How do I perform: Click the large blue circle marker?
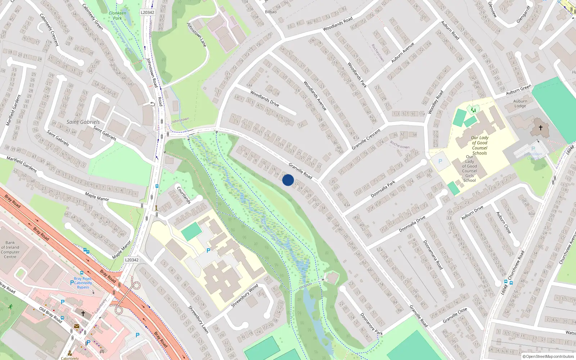tap(288, 180)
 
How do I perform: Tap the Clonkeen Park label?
tap(117, 15)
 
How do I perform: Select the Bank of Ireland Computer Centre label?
tap(10, 249)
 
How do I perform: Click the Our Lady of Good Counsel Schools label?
tap(480, 145)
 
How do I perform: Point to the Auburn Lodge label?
tap(520, 103)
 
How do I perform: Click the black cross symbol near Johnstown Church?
tap(540, 128)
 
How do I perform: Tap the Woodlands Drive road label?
tap(265, 99)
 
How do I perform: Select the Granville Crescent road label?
tap(366, 139)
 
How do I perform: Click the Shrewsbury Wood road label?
tap(244, 296)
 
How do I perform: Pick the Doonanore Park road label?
tap(372, 324)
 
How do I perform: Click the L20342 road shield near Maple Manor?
tap(132, 260)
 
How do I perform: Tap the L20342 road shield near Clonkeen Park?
tap(147, 12)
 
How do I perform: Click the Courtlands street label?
tap(183, 195)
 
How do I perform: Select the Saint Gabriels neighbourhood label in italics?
tap(83, 122)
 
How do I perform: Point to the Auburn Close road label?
tap(503, 222)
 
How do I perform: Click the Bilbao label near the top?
tap(271, 12)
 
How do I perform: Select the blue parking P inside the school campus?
tap(208, 250)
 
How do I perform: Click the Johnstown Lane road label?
tap(197, 35)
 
